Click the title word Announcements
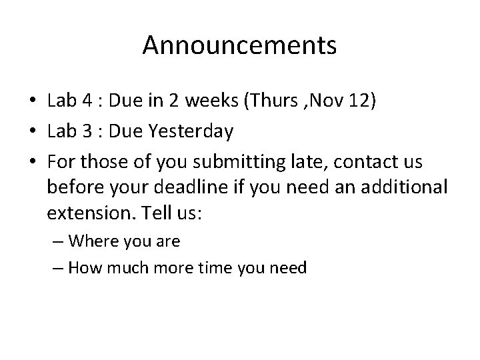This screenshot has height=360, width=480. pyautogui.click(x=239, y=46)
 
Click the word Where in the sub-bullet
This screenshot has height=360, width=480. pyautogui.click(x=93, y=241)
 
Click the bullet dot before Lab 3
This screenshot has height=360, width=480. pyautogui.click(x=33, y=132)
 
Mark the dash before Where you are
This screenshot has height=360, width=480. pyautogui.click(x=59, y=241)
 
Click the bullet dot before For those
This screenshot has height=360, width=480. pyautogui.click(x=33, y=163)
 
